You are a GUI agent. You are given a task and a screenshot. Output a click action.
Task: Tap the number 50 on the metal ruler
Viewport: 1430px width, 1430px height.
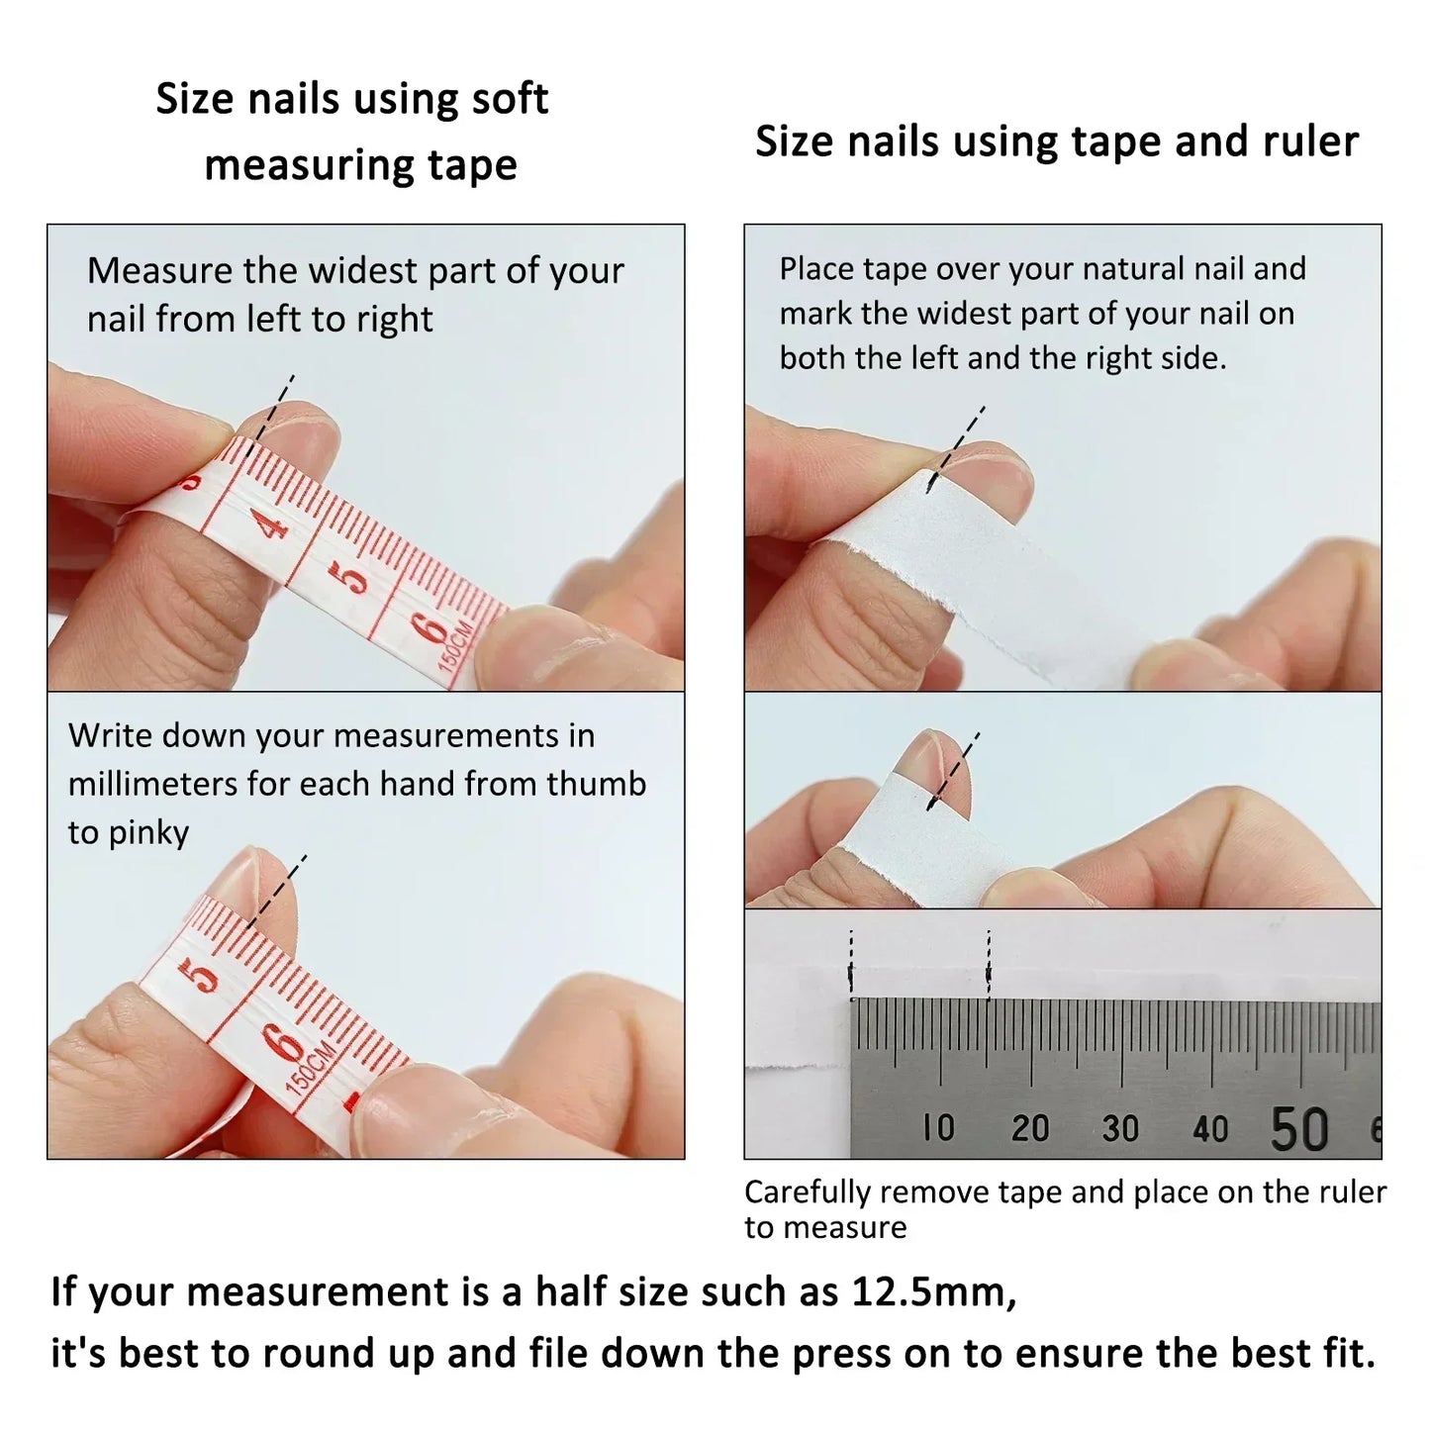[1298, 1128]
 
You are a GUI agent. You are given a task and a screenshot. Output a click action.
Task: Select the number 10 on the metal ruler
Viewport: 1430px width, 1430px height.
[938, 1127]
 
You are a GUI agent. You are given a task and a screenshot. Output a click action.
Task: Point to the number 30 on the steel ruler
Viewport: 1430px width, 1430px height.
[1120, 1128]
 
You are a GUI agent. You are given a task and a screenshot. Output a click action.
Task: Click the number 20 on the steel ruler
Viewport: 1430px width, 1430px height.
[1029, 1128]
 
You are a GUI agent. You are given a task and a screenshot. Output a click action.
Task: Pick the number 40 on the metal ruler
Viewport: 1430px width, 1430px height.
[1210, 1128]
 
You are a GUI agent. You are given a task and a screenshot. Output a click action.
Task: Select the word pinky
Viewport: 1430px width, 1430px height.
[148, 833]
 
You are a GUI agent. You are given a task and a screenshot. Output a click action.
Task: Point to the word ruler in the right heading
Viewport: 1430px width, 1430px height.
[1310, 142]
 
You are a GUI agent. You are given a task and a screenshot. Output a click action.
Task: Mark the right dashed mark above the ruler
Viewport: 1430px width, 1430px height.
[989, 965]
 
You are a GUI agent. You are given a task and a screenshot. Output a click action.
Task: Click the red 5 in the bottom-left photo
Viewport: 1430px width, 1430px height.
[203, 974]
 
